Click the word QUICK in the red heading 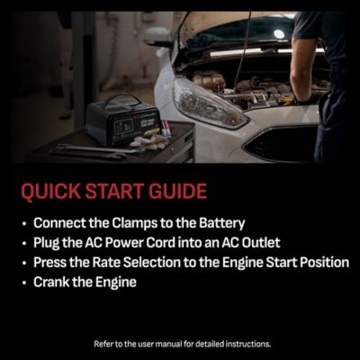click(47, 192)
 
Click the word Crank click(51, 282)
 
